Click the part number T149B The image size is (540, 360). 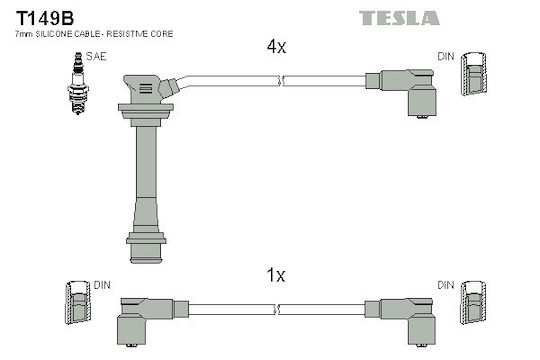[x=45, y=18]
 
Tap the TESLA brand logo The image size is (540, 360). [x=399, y=18]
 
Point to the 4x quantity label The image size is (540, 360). [x=276, y=47]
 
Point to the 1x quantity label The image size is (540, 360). [x=276, y=275]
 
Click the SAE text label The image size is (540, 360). [x=96, y=56]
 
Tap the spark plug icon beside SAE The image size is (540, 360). [x=78, y=83]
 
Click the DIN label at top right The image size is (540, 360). [x=446, y=56]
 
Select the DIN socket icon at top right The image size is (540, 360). [x=474, y=74]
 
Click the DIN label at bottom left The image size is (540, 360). [x=102, y=285]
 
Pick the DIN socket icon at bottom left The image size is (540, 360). [x=78, y=302]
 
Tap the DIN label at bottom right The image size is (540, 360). [x=446, y=285]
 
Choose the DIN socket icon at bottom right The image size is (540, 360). [x=474, y=302]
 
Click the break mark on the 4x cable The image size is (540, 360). [x=280, y=81]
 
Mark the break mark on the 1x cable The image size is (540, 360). [x=277, y=309]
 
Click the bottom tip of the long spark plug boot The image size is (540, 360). [x=146, y=262]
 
